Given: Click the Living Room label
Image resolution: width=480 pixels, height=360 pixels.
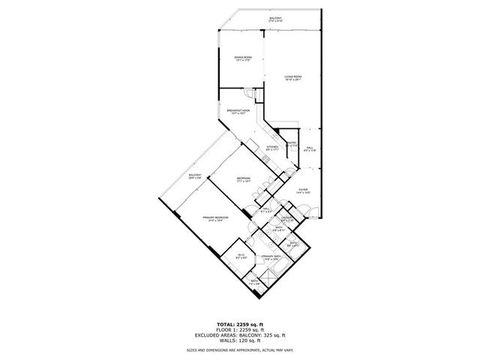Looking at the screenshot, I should coord(292,78).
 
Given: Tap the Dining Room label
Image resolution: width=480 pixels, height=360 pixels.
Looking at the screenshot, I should coord(241,59).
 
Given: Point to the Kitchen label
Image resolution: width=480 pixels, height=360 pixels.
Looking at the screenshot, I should coord(273,148).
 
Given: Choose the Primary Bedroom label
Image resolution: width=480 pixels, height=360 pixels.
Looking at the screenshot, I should coord(215,219).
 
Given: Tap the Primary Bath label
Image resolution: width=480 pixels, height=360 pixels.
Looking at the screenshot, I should coord(271,257).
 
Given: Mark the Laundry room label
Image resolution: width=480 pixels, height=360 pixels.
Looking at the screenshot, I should coord(297,219).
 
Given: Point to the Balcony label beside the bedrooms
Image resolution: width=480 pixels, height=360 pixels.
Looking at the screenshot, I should coord(195,176).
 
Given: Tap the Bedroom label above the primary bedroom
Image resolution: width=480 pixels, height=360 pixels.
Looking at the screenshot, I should coord(244,179).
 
